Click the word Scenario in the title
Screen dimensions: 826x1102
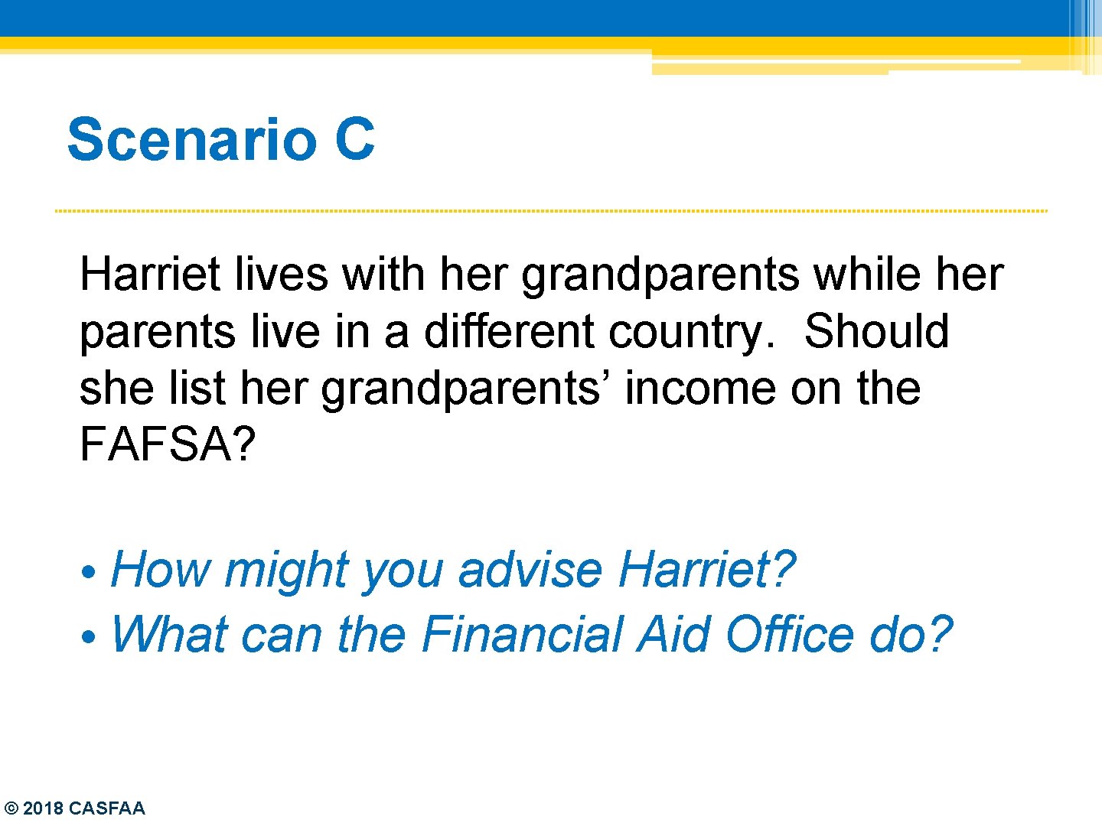[x=191, y=139]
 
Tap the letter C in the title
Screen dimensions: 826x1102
[x=354, y=139]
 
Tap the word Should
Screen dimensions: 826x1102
[x=876, y=331]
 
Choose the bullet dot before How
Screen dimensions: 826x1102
[x=90, y=572]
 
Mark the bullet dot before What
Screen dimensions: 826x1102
[x=90, y=636]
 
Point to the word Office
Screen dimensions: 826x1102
[x=789, y=634]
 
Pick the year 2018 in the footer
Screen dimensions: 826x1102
[x=44, y=808]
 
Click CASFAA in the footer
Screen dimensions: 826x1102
[x=106, y=808]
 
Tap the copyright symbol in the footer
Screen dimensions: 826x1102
[x=11, y=808]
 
